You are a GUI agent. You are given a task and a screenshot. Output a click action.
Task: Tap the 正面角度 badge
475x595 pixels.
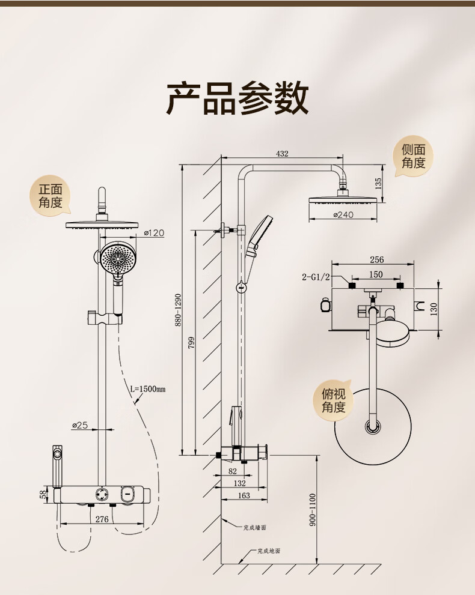(x=51, y=196)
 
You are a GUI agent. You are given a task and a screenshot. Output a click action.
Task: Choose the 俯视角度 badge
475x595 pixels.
(x=333, y=400)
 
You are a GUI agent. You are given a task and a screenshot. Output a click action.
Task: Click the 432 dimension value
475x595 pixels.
(x=282, y=154)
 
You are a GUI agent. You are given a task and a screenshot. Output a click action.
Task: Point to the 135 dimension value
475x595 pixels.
(x=378, y=183)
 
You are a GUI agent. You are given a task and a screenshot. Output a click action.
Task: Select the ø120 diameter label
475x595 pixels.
(x=155, y=233)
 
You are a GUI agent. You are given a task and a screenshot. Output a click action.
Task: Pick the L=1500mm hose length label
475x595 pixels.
(x=148, y=389)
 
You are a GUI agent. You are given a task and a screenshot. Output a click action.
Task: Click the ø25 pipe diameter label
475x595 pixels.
(x=80, y=425)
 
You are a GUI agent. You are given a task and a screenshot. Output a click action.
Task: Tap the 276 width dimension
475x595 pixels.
(x=102, y=519)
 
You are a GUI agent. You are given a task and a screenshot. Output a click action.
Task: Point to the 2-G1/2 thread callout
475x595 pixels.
(x=316, y=277)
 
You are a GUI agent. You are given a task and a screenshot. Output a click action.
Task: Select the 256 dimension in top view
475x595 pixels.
(x=376, y=260)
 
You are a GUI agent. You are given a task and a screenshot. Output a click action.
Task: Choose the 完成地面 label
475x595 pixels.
(x=269, y=551)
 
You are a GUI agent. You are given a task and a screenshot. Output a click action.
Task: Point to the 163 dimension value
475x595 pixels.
(x=244, y=495)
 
